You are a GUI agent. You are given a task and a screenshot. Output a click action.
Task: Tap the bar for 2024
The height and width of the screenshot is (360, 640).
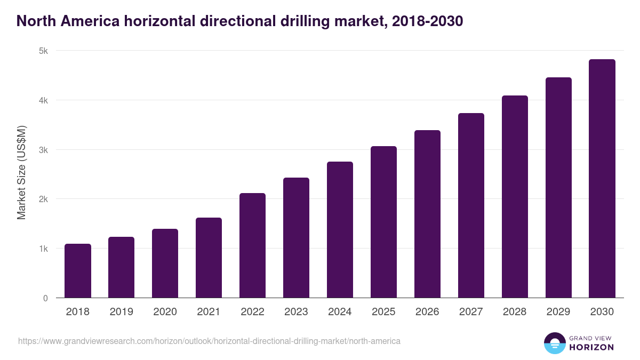point(340,230)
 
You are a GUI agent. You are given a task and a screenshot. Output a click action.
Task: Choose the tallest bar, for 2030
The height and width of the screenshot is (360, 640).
point(602,179)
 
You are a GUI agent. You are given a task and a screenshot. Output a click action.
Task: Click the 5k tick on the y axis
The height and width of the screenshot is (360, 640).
point(43,51)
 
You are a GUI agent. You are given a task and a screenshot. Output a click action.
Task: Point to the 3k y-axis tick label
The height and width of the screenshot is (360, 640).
point(43,150)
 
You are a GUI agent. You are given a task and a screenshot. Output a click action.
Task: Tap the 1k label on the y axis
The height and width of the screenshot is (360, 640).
point(43,249)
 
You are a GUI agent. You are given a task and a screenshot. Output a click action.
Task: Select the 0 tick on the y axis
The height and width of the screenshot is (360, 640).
point(45,298)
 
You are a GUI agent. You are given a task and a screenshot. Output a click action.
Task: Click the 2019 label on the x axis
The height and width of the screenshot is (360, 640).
point(122,312)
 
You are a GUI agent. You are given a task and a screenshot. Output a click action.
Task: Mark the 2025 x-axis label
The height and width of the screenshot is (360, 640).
point(383,312)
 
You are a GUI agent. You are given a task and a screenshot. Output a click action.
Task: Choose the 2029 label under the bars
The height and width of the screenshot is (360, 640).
point(558,312)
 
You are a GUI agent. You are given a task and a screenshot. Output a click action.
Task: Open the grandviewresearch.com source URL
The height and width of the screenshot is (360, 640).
point(209,341)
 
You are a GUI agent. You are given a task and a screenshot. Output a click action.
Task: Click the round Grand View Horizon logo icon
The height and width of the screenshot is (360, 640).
point(554,343)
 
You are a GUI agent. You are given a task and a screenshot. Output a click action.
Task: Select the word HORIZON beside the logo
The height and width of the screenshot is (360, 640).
point(591,347)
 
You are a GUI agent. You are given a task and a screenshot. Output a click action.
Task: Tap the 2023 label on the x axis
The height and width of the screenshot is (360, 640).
point(296,312)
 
